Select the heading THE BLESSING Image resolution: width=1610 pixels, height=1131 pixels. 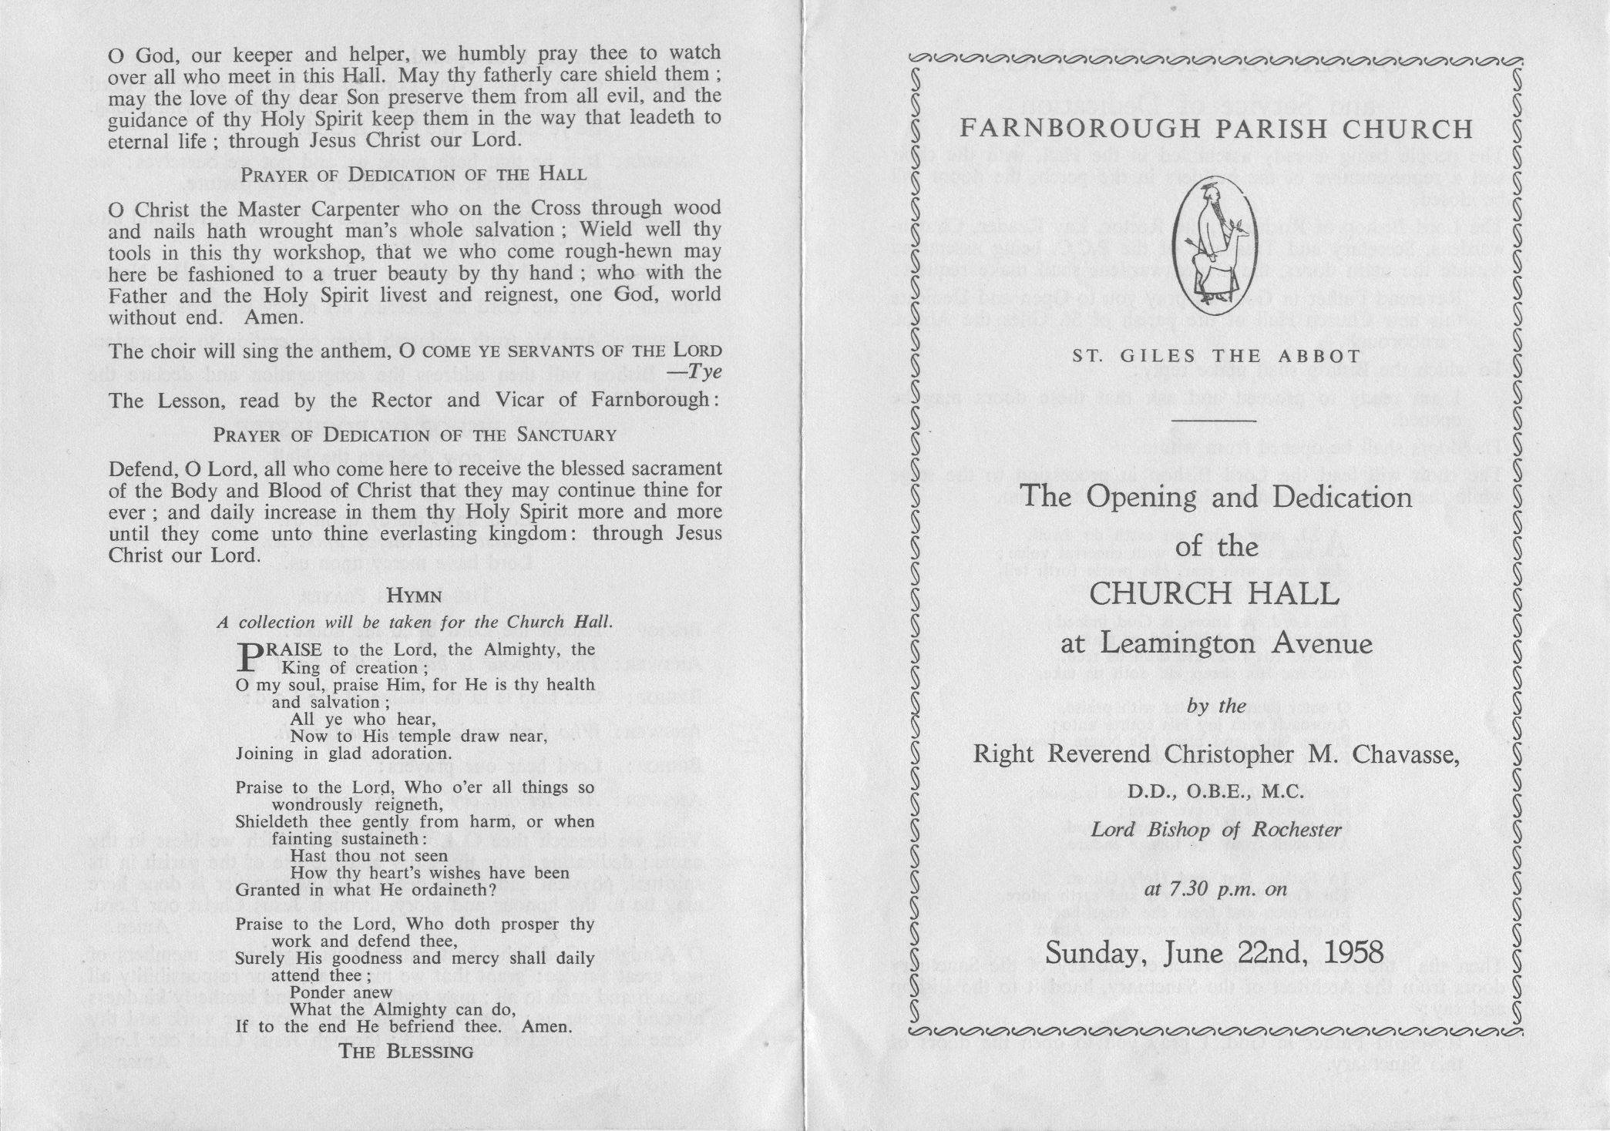click(x=407, y=1052)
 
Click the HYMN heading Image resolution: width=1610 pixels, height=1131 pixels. click(x=414, y=595)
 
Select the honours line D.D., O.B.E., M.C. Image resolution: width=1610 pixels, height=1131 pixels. click(x=1216, y=791)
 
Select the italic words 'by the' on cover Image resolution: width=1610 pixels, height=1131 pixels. click(x=1217, y=706)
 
